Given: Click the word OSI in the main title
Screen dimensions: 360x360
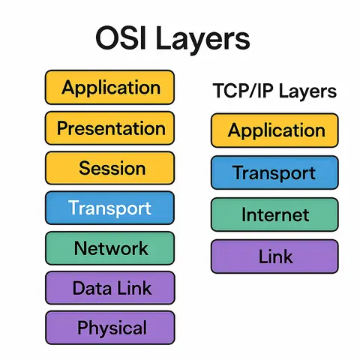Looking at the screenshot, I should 121,40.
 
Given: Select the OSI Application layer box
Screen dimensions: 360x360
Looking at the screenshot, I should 109,87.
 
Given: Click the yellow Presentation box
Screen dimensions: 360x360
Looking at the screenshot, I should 109,127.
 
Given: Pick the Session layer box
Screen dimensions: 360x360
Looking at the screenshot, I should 109,168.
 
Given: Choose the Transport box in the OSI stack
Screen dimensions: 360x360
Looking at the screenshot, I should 109,208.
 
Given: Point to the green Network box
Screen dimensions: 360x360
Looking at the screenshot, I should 109,247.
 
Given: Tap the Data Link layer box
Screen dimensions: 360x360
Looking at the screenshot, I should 109,288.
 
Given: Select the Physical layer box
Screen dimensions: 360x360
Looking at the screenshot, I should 109,328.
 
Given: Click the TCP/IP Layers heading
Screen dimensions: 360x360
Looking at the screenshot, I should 274,91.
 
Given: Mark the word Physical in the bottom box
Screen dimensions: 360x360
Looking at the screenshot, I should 112,328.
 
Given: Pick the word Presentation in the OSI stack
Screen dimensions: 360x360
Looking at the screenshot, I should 111,127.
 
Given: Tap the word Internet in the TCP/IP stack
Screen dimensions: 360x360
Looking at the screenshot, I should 275,215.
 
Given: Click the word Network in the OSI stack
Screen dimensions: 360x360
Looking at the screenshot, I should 111,247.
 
